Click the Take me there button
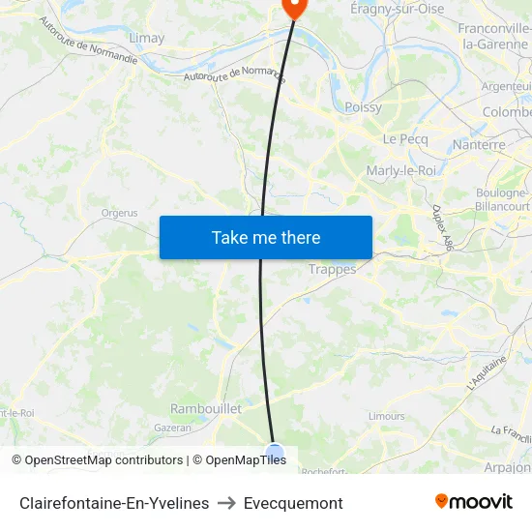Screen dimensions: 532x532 [266, 237]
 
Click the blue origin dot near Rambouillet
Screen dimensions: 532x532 [275, 452]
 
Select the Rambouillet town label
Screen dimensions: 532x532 [206, 409]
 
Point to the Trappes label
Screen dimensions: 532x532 [332, 269]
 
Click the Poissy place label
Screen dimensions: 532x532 [363, 107]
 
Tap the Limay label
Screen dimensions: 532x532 [146, 38]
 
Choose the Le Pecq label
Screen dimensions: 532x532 [404, 139]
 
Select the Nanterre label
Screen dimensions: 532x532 [479, 144]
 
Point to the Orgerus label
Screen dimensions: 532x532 [119, 213]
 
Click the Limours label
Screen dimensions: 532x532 [387, 416]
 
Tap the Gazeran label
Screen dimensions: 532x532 [172, 427]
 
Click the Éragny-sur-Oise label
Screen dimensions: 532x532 [397, 9]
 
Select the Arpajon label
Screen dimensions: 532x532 [507, 467]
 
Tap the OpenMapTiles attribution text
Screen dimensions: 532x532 [246, 460]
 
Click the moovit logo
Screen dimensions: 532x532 [474, 501]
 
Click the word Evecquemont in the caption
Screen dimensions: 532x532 [293, 503]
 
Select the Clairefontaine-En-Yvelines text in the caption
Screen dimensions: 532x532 [114, 503]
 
